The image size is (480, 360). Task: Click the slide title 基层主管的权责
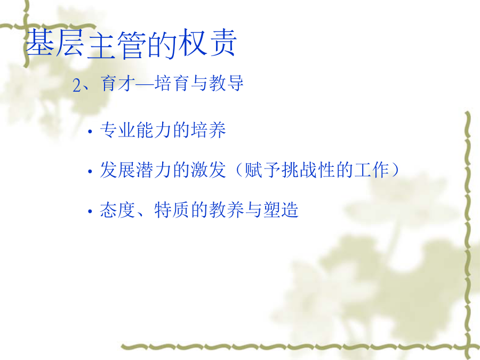coord(131,44)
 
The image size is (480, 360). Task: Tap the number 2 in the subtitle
coord(76,85)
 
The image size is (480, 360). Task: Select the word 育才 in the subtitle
coord(118,83)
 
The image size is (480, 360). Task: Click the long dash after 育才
coord(145,84)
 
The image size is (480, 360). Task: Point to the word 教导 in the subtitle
coord(226,83)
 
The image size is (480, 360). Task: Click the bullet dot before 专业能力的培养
coord(90,132)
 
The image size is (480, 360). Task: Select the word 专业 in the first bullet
coord(118,130)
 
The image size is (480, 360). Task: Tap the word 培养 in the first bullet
coord(209,130)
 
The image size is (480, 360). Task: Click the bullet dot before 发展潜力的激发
coord(90,172)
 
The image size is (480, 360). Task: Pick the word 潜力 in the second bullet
coord(154,170)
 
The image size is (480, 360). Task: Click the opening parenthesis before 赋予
coord(239,170)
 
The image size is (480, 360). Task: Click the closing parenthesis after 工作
coord(395,170)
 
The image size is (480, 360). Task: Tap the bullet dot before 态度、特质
coord(90,212)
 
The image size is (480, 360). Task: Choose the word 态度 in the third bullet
coord(118,210)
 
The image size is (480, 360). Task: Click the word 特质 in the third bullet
coord(172,210)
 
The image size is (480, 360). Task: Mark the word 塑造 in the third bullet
coord(281,210)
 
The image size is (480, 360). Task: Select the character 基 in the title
coord(40,43)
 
